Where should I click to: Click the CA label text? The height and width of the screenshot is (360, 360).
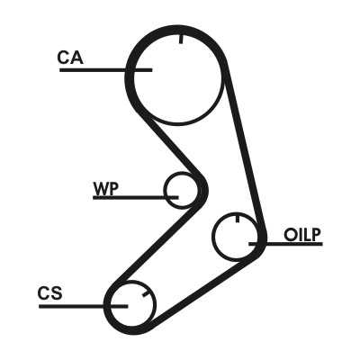tap(70, 58)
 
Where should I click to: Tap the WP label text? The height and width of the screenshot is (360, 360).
tap(106, 189)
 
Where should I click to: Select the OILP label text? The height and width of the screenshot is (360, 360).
tap(302, 235)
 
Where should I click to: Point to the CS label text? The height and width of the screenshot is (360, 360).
tap(50, 293)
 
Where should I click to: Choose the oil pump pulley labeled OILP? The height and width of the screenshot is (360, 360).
tap(213, 237)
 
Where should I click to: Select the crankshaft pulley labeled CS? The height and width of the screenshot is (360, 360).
tap(156, 304)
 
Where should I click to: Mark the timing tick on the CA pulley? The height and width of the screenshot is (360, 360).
tap(181, 39)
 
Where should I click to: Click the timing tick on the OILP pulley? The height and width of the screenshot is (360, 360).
tap(238, 219)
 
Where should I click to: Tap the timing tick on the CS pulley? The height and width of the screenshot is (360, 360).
tap(146, 294)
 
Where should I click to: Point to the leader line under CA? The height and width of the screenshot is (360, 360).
tap(106, 70)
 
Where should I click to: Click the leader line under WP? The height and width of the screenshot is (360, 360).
tap(136, 198)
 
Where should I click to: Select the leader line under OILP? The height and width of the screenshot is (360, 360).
tap(285, 244)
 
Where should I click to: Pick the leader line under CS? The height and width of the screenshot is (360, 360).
tap(84, 306)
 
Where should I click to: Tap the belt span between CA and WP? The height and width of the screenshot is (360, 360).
tap(171, 146)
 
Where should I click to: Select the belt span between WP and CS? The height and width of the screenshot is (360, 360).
tap(156, 243)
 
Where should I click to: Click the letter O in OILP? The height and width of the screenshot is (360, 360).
tap(290, 235)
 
